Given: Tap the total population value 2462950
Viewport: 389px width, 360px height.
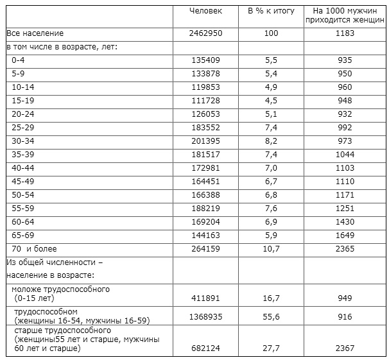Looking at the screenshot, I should coord(206,33).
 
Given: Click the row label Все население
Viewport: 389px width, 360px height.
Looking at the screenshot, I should coord(35,33).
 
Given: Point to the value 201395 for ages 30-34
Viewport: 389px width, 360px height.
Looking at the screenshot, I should coord(206,141).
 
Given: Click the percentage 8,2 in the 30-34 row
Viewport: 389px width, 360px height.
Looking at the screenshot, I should coord(272,141).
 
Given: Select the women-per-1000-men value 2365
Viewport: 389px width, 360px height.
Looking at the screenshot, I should coord(345,248).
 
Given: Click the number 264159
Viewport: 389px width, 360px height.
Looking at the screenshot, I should coord(206,248).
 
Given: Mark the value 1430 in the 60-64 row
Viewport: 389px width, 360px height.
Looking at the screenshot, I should coord(345,221).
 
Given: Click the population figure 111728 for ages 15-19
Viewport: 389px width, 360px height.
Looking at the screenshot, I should coord(206,100).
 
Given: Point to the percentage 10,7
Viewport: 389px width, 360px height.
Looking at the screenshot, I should coord(272,248).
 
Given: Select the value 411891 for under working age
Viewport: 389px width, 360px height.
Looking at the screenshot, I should coord(206,298).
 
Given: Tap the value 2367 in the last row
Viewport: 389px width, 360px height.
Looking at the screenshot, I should coord(345,348).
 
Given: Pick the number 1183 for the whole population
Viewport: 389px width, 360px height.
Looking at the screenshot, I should coord(345,33).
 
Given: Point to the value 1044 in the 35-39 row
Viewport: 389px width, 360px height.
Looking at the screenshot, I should coord(345,154).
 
